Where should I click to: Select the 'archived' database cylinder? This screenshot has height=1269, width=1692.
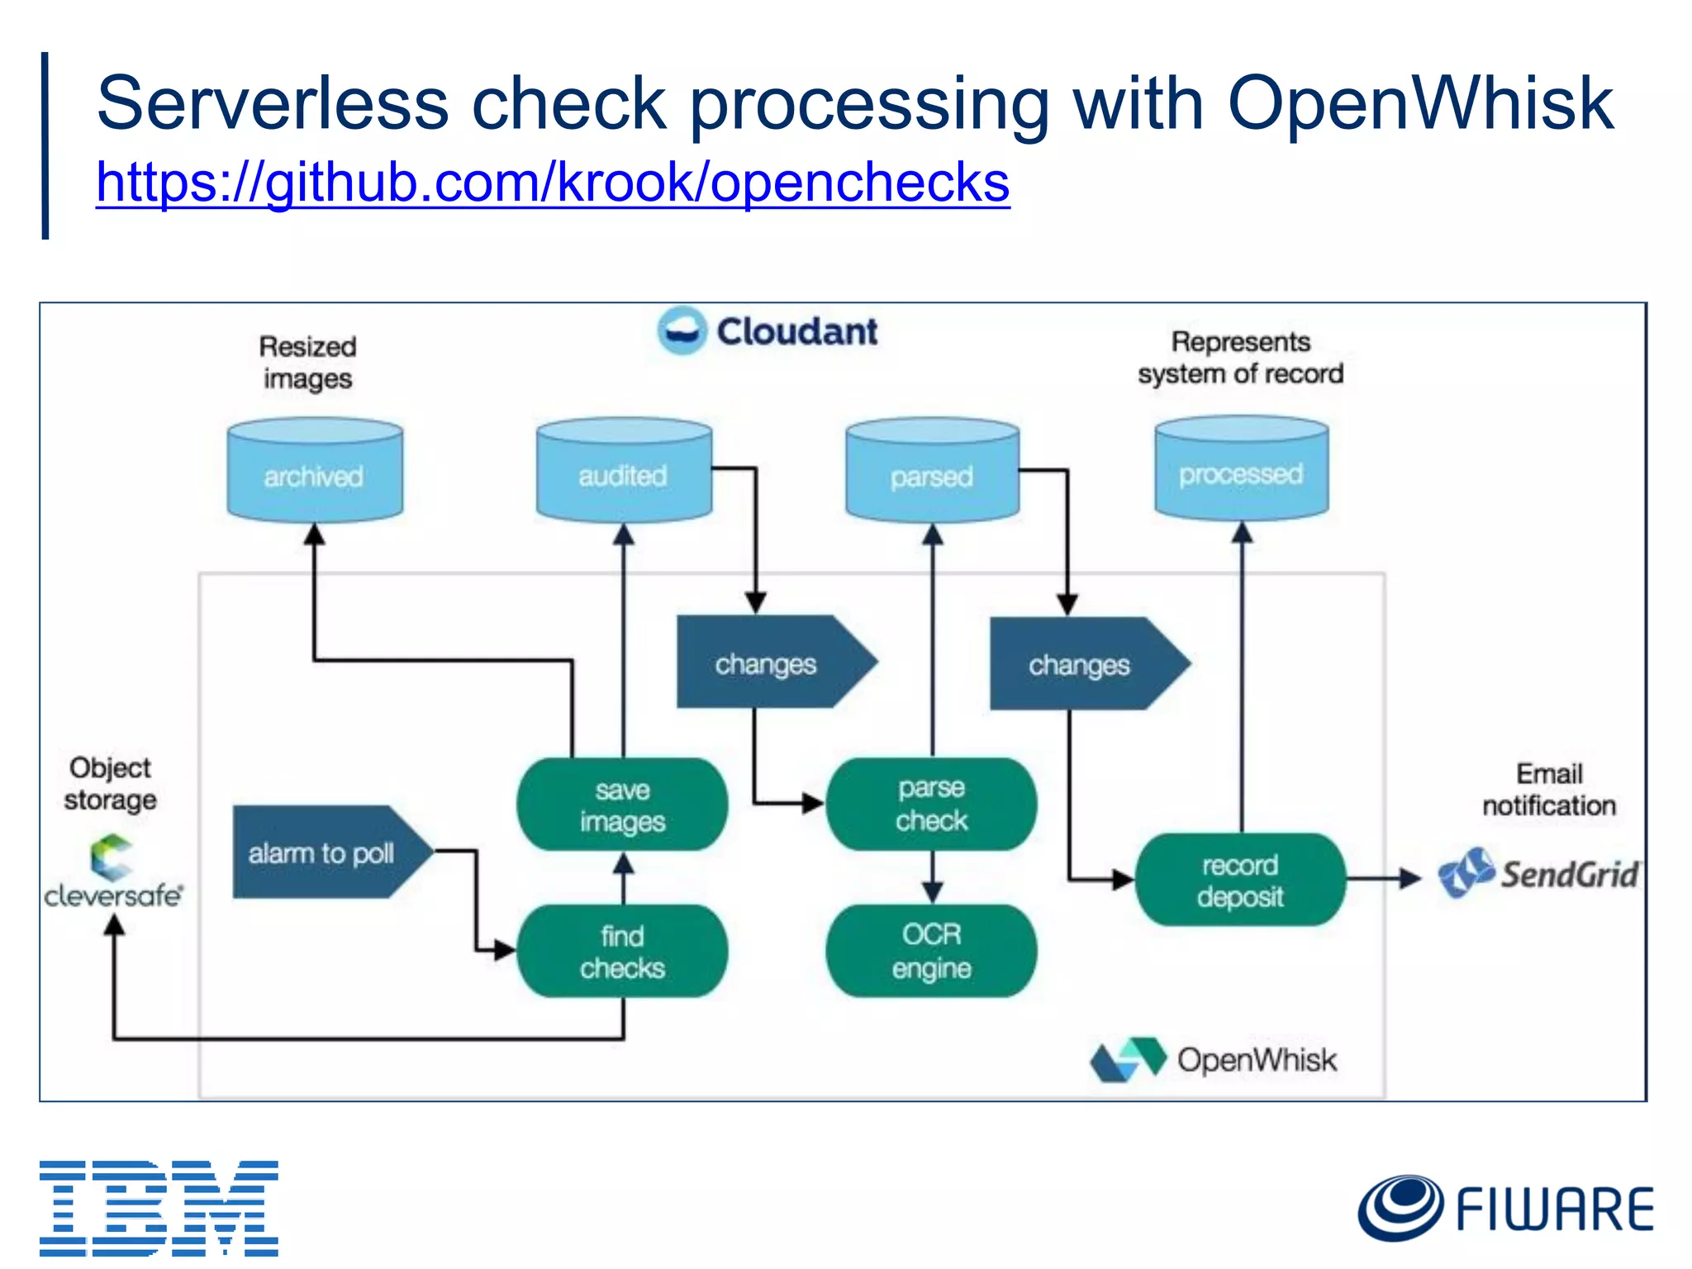315,472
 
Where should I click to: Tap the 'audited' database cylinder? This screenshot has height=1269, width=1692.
624,472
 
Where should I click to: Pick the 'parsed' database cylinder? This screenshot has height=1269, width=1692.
932,472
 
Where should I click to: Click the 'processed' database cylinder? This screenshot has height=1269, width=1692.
1241,470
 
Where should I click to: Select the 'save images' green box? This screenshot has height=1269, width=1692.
622,805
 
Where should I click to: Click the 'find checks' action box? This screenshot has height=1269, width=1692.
622,951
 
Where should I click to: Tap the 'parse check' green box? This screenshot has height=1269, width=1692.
931,804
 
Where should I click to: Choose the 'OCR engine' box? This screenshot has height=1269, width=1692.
931,951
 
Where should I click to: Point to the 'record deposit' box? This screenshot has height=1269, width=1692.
1240,880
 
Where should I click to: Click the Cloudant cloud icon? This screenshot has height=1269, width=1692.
682,330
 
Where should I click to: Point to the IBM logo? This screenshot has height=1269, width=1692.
159,1208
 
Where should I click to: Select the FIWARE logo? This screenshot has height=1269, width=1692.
1505,1208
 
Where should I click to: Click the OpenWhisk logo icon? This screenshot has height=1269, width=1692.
1128,1059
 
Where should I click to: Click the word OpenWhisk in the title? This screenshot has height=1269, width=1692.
1419,103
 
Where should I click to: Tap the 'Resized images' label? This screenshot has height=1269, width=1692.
307,362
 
